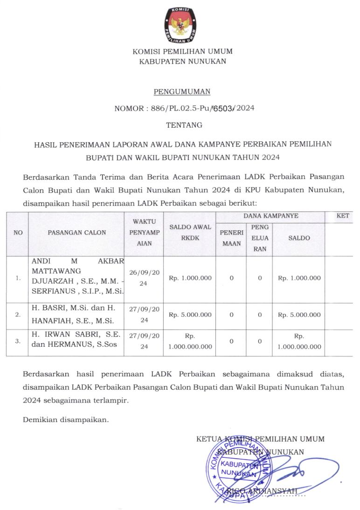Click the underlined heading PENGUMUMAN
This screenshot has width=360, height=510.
(x=182, y=92)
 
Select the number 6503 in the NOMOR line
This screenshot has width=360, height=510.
(x=224, y=108)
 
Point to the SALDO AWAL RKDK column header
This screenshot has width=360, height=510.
(x=190, y=232)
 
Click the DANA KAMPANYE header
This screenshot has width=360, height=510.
(x=271, y=216)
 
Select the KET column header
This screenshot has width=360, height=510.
(x=342, y=216)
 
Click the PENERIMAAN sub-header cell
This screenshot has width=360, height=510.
(x=232, y=238)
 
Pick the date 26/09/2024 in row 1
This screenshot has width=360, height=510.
(x=145, y=278)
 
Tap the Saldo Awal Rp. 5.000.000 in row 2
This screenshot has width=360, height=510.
(x=190, y=315)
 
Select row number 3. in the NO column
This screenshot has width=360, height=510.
(x=18, y=341)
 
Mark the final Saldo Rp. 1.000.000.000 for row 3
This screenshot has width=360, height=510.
(x=299, y=341)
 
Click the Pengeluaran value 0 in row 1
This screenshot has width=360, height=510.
(x=260, y=278)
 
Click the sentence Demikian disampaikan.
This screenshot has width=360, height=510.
(x=66, y=420)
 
